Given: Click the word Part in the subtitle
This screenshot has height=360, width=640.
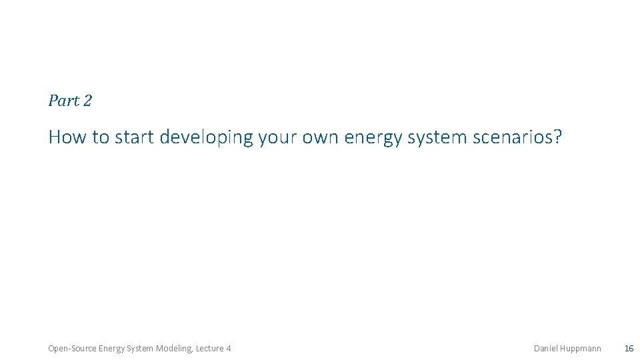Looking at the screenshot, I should (63, 101).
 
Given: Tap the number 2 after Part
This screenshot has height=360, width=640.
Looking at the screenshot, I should (87, 101).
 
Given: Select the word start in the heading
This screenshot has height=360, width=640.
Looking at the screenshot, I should (135, 137).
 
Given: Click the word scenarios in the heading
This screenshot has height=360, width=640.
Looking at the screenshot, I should (512, 137).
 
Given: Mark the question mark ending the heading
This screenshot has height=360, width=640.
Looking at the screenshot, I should (558, 137).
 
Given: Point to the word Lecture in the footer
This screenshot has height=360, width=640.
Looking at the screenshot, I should (209, 349).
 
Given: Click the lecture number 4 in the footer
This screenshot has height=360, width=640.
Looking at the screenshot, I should (229, 349).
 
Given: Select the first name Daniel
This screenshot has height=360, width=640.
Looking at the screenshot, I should (547, 349).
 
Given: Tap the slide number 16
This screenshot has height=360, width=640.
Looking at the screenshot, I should (629, 349).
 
